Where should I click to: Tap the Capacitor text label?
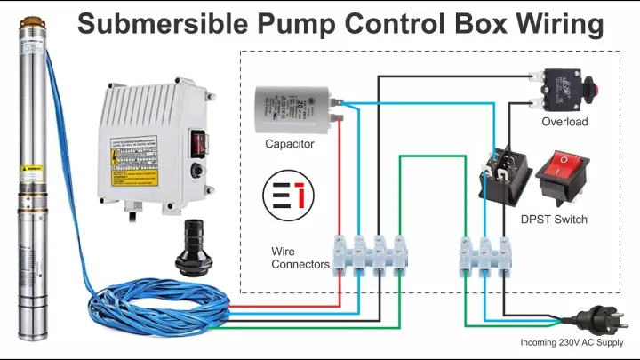(x=289, y=143)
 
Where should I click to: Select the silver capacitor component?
(x=290, y=108)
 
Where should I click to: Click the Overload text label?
(x=564, y=122)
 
